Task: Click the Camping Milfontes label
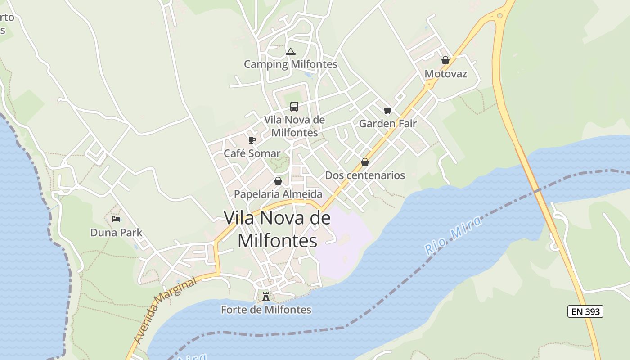[290, 64]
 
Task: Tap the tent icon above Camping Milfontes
[291, 52]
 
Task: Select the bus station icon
[294, 107]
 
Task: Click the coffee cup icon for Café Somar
[252, 140]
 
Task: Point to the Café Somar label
[252, 153]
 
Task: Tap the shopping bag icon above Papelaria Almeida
[278, 181]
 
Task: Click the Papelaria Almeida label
[278, 194]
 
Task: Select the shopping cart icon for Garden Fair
[388, 110]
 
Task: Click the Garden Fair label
[388, 123]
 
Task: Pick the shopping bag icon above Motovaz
[445, 60]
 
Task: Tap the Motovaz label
[446, 74]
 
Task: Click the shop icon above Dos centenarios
[365, 162]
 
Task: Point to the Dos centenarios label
[365, 175]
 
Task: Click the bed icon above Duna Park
[116, 219]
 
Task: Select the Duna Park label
[116, 233]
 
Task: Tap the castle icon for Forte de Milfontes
[266, 296]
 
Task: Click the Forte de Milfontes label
[266, 310]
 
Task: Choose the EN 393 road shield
[585, 311]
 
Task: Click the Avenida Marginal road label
[166, 310]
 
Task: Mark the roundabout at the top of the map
[499, 16]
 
